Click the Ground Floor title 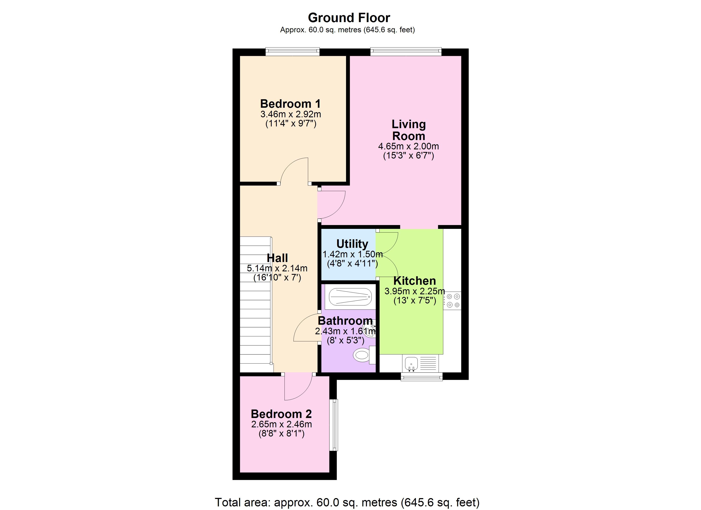[349, 18]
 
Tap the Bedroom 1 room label [291, 104]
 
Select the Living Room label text [409, 130]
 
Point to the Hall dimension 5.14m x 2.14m [277, 268]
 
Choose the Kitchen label [414, 281]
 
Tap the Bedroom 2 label [281, 414]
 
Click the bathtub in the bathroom [350, 297]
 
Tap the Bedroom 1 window [292, 52]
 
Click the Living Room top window [406, 52]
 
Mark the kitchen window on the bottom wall [422, 376]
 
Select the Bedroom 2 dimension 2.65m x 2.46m [281, 424]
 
